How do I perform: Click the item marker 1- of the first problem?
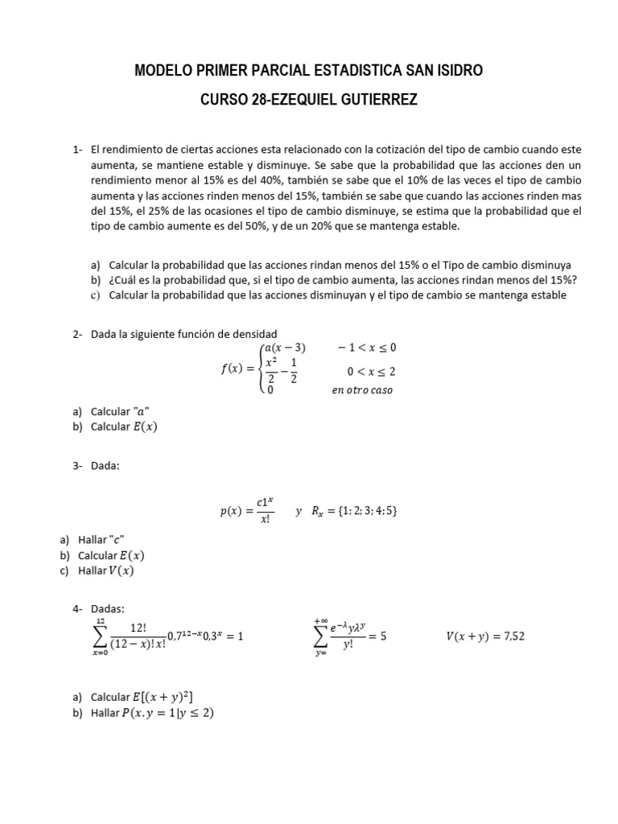pyautogui.click(x=77, y=150)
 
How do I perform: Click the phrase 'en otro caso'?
pyautogui.click(x=362, y=390)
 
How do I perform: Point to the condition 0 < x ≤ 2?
pyautogui.click(x=371, y=371)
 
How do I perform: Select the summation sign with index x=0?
pyautogui.click(x=101, y=637)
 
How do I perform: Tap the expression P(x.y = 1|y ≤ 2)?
pyautogui.click(x=166, y=712)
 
